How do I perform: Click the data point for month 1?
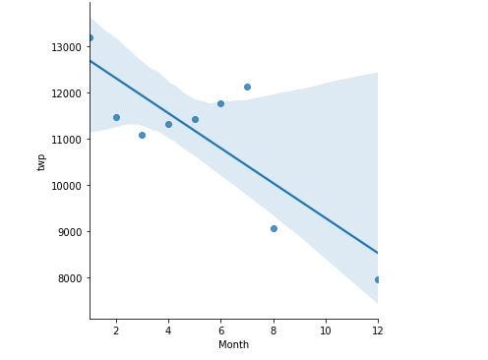click(90, 38)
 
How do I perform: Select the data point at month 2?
click(116, 117)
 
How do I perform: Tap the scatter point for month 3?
click(142, 135)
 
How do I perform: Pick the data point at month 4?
click(168, 124)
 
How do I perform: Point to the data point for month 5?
click(195, 119)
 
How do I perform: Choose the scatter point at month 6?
click(220, 103)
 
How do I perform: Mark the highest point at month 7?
click(247, 87)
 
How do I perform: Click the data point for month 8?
click(274, 228)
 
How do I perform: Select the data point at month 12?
click(378, 279)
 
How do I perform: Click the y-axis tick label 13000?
click(66, 47)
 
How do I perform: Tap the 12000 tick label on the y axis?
click(66, 93)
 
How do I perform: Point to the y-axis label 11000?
click(66, 140)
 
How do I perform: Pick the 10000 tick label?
click(66, 186)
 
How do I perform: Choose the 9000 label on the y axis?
click(69, 232)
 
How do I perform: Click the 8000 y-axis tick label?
click(69, 278)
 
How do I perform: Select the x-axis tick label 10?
click(326, 330)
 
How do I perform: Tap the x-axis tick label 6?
click(220, 330)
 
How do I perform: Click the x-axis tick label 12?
click(378, 330)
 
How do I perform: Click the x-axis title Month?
click(233, 345)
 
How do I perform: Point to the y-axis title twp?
click(41, 162)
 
